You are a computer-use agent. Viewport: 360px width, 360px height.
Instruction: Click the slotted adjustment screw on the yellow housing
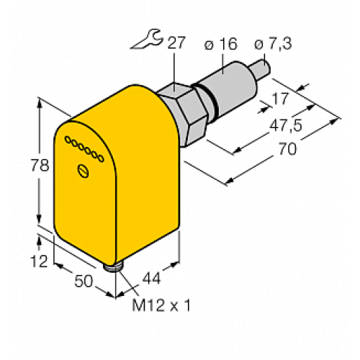pos(84,171)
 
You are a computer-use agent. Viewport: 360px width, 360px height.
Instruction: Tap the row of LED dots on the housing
pos(85,148)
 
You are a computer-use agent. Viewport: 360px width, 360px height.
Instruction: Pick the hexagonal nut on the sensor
pos(190,107)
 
